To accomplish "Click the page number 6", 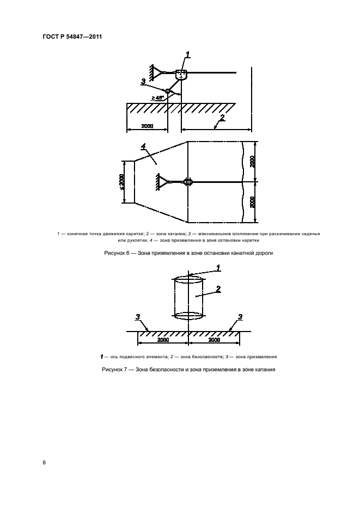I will coord(45,462).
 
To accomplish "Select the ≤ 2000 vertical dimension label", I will coord(122,182).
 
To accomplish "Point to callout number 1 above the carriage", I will coord(188,54).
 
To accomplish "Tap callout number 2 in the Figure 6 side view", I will coord(222,117).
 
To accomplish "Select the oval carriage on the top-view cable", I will coord(188,182).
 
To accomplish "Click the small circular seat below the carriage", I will coord(168,91).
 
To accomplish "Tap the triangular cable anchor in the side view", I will coord(156,72).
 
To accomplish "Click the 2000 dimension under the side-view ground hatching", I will coord(147,126).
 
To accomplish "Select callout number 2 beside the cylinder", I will coord(218,289).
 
